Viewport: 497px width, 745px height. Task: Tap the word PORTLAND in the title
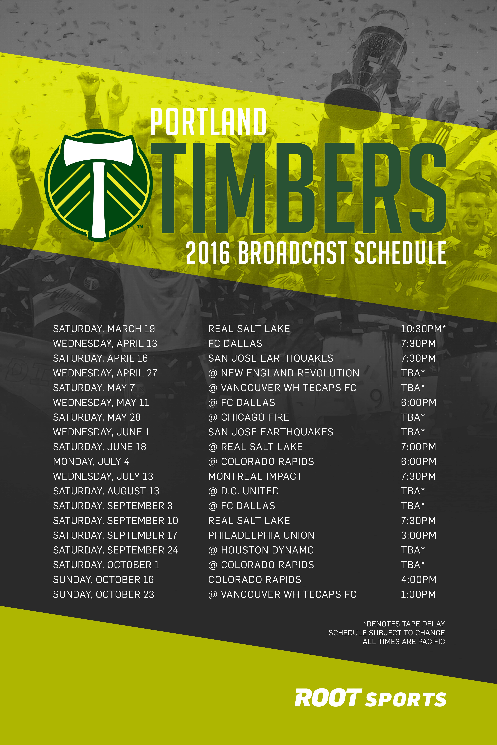click(208, 122)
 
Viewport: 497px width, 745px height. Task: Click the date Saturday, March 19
click(104, 329)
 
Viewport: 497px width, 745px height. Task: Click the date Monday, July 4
click(91, 461)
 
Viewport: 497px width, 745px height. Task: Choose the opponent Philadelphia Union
click(261, 535)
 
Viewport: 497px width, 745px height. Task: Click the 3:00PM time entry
click(418, 535)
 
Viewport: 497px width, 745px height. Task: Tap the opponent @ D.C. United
click(243, 491)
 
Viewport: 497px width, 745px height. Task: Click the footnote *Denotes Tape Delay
click(404, 624)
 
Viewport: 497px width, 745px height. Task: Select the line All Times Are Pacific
click(404, 641)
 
